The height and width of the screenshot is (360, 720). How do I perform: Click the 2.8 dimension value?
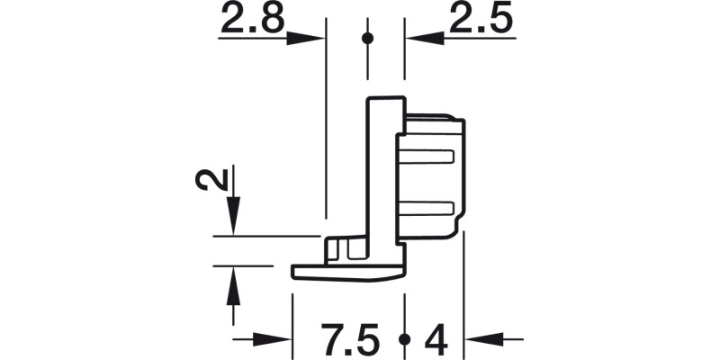click(253, 17)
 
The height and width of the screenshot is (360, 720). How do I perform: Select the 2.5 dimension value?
click(481, 17)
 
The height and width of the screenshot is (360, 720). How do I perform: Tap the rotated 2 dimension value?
click(211, 179)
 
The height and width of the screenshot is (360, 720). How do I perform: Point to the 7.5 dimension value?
click(350, 340)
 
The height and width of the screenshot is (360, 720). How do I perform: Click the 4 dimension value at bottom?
click(436, 340)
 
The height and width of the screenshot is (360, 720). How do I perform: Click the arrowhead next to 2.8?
click(305, 38)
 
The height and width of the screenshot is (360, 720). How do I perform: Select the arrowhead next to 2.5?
click(425, 38)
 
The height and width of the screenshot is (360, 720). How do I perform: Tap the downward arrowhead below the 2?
click(234, 215)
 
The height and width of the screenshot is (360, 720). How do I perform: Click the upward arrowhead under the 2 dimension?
click(234, 286)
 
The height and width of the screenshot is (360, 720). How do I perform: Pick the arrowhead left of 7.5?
click(272, 340)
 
